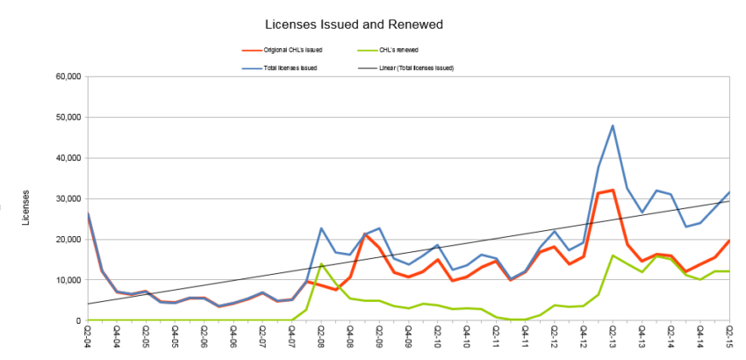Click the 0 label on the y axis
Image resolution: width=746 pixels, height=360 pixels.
pyautogui.click(x=77, y=320)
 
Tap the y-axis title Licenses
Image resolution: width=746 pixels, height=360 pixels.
pyautogui.click(x=25, y=206)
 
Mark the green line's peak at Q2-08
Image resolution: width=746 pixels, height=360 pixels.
pyautogui.click(x=321, y=264)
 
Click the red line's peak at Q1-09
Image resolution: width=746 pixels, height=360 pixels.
pyautogui.click(x=365, y=234)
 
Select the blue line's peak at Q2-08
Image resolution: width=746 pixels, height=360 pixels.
pyautogui.click(x=321, y=228)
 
